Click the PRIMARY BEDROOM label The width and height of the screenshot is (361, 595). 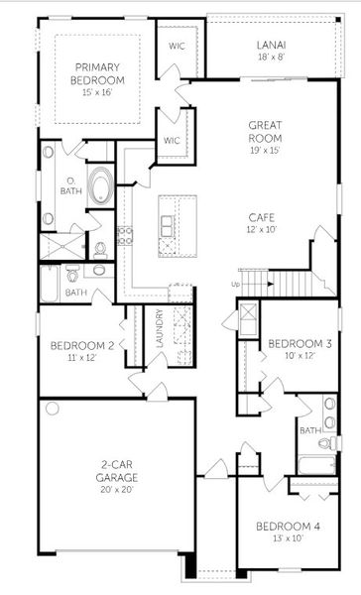98,73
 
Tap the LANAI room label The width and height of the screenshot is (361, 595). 271,45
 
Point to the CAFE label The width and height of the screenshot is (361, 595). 263,216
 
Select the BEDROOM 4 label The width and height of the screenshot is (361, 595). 288,525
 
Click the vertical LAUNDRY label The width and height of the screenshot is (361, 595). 160,330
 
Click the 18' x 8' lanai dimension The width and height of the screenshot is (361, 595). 271,58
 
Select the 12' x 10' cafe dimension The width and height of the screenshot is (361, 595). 263,229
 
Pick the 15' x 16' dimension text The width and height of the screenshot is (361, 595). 98,92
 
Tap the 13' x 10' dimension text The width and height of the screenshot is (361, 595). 288,537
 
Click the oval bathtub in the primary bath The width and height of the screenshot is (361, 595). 101,186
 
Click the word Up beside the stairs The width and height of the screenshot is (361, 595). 235,285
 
